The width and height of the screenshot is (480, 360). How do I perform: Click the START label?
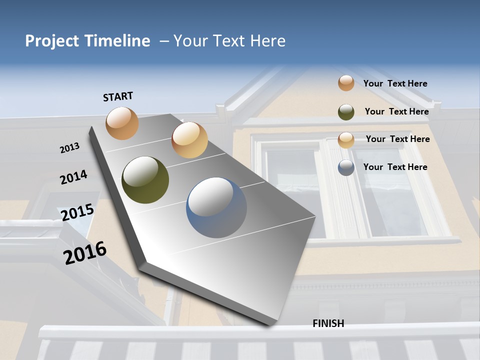click(x=118, y=96)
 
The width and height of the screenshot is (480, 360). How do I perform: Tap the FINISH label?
click(x=328, y=323)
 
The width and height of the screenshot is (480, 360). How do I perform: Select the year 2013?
click(x=70, y=147)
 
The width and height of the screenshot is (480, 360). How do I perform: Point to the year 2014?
click(x=73, y=177)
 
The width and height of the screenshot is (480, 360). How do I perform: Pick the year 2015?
click(x=77, y=212)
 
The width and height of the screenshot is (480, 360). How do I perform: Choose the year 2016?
click(x=85, y=252)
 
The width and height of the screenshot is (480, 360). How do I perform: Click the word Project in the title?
click(x=52, y=41)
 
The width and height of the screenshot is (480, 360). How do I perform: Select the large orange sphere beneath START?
click(x=122, y=123)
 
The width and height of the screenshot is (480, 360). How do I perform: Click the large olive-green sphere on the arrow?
click(x=145, y=180)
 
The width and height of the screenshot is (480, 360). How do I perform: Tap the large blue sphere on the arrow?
click(x=216, y=207)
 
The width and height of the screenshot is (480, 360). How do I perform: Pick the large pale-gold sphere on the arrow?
click(x=189, y=140)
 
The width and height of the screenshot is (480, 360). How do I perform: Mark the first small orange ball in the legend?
click(x=346, y=83)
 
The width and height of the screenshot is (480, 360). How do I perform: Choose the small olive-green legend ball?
click(x=346, y=111)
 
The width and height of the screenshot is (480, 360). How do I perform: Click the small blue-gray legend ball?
click(x=346, y=167)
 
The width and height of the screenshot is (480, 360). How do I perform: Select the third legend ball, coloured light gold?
click(x=346, y=139)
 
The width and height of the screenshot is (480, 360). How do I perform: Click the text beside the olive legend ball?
click(x=396, y=111)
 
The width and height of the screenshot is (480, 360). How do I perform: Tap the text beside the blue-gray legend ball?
click(x=395, y=167)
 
